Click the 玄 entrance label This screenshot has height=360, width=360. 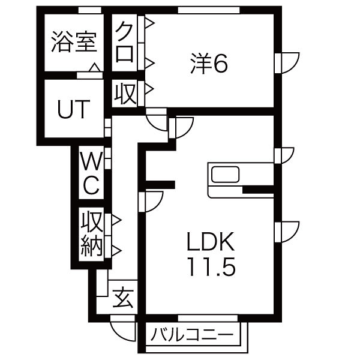pyautogui.click(x=123, y=296)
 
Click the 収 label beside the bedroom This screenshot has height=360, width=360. pyautogui.click(x=124, y=94)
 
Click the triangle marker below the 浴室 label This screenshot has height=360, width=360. pyautogui.click(x=94, y=68)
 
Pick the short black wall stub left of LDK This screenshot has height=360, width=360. pyautogui.click(x=159, y=184)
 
